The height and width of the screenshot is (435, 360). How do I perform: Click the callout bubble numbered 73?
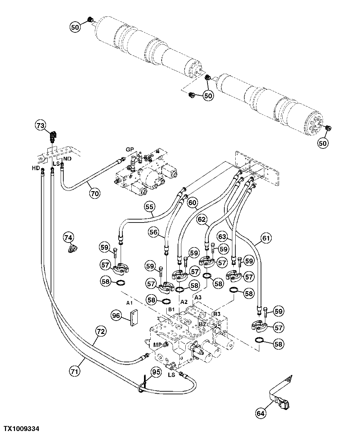click(x=40, y=126)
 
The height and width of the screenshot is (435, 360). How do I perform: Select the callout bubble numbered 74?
click(x=68, y=238)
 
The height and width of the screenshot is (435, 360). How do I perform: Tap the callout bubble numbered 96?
click(x=116, y=316)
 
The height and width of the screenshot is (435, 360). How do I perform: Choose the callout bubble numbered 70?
click(x=95, y=192)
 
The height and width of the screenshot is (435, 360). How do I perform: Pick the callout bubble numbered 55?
click(x=150, y=207)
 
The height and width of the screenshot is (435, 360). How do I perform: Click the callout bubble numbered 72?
click(x=101, y=331)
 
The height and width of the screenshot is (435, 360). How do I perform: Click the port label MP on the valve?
click(x=157, y=344)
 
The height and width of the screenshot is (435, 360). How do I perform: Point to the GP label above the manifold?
click(x=130, y=149)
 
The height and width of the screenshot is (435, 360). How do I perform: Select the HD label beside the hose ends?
click(x=36, y=168)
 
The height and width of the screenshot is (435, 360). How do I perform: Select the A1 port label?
click(x=130, y=303)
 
